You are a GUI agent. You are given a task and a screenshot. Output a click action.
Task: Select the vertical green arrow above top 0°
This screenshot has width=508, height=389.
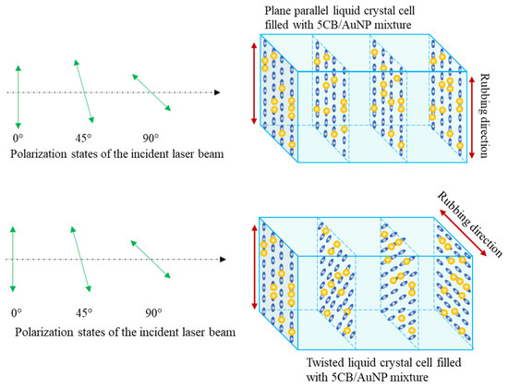pos(18,92)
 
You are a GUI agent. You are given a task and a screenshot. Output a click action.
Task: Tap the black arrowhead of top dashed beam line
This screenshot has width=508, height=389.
pos(218,92)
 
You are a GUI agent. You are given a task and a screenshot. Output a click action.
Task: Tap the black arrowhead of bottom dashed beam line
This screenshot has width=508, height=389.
pos(218,260)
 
